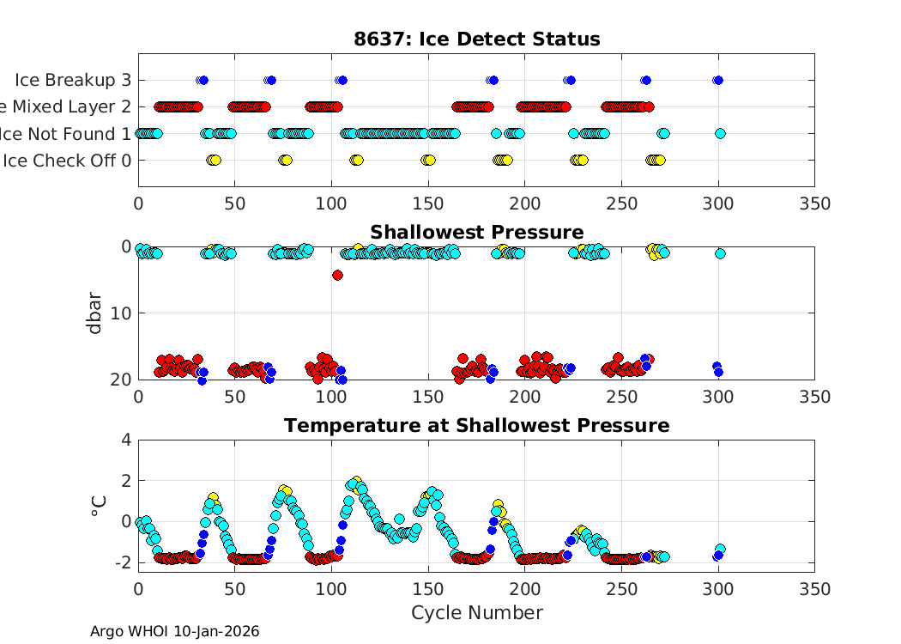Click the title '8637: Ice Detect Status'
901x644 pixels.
click(x=476, y=39)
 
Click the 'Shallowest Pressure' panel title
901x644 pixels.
click(x=476, y=233)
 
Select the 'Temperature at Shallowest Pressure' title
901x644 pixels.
click(x=476, y=426)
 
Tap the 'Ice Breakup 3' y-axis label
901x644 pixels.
click(x=73, y=80)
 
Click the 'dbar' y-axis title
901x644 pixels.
click(x=95, y=313)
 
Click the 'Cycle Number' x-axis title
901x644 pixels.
click(x=476, y=613)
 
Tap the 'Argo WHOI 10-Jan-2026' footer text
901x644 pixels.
click(x=174, y=632)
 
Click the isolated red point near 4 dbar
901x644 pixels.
click(x=337, y=275)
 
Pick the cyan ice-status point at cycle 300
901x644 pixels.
click(x=720, y=133)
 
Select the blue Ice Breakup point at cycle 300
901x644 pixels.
click(x=717, y=80)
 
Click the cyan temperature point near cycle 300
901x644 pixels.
click(x=721, y=549)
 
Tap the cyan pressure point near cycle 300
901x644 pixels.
click(x=720, y=253)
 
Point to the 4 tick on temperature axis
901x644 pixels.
click(x=126, y=440)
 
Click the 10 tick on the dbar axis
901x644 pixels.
click(x=121, y=313)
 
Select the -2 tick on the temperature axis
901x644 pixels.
click(x=122, y=562)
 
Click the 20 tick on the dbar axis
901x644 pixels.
click(x=121, y=379)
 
